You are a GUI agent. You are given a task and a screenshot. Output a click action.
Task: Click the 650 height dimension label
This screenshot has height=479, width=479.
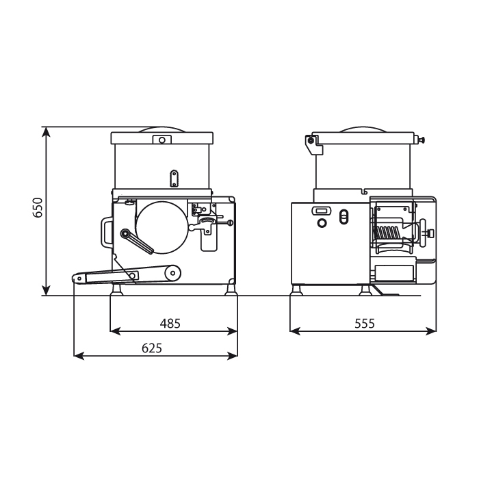pyautogui.click(x=38, y=207)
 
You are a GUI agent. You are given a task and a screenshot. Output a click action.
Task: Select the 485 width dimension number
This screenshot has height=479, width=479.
pyautogui.click(x=170, y=323)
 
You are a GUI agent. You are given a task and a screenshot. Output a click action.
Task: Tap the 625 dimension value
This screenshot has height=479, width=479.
pyautogui.click(x=152, y=348)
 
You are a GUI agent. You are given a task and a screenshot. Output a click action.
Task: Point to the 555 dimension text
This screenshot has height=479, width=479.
pyautogui.click(x=365, y=323)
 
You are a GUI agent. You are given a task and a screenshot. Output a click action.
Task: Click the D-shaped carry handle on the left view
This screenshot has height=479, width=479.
pyautogui.click(x=103, y=232)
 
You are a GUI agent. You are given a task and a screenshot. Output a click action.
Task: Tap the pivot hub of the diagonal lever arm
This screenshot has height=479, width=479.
pyautogui.click(x=125, y=234)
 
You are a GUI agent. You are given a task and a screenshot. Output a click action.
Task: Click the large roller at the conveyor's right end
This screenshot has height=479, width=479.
pyautogui.click(x=172, y=274)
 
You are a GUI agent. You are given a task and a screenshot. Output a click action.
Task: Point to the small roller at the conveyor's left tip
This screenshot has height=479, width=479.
pyautogui.click(x=79, y=279)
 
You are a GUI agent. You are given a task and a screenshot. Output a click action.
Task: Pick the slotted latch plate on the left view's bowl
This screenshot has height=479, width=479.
pyautogui.click(x=174, y=179)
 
